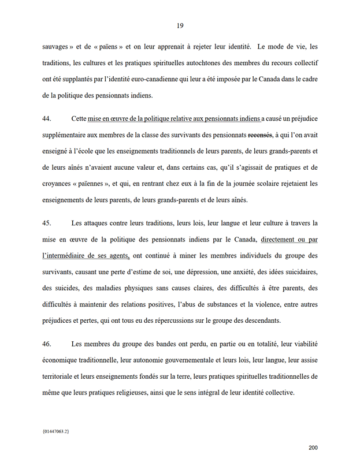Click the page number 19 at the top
[180, 25]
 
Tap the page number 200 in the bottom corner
[313, 447]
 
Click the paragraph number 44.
[47, 118]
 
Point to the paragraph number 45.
[47, 222]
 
